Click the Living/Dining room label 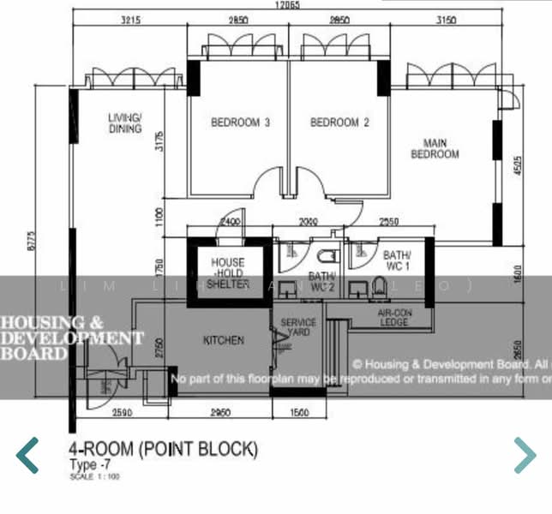(125, 123)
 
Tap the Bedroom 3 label (241, 123)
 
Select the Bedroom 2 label (339, 123)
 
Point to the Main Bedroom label (435, 149)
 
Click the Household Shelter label (228, 273)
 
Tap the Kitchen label (224, 340)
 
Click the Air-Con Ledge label (395, 318)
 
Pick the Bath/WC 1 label (398, 260)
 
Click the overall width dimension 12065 (287, 6)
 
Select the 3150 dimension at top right (447, 21)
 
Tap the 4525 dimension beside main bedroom (518, 165)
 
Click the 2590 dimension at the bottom (123, 413)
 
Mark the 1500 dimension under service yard (298, 413)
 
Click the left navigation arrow (27, 455)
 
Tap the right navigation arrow (524, 455)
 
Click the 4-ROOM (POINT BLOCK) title (163, 449)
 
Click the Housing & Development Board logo (69, 338)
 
